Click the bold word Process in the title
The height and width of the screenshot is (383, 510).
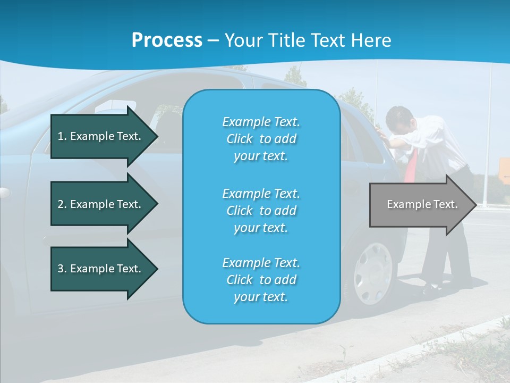pos(167,40)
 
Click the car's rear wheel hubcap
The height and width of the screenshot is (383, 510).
pos(372,274)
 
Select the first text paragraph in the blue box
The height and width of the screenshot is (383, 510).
pos(261,139)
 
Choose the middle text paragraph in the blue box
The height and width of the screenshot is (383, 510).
pos(261,211)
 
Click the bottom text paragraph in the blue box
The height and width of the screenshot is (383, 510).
pos(261,280)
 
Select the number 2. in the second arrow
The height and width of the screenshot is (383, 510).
pos(62,204)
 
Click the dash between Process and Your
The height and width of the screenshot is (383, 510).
pos(214,40)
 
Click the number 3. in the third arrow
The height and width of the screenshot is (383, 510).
pos(62,269)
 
